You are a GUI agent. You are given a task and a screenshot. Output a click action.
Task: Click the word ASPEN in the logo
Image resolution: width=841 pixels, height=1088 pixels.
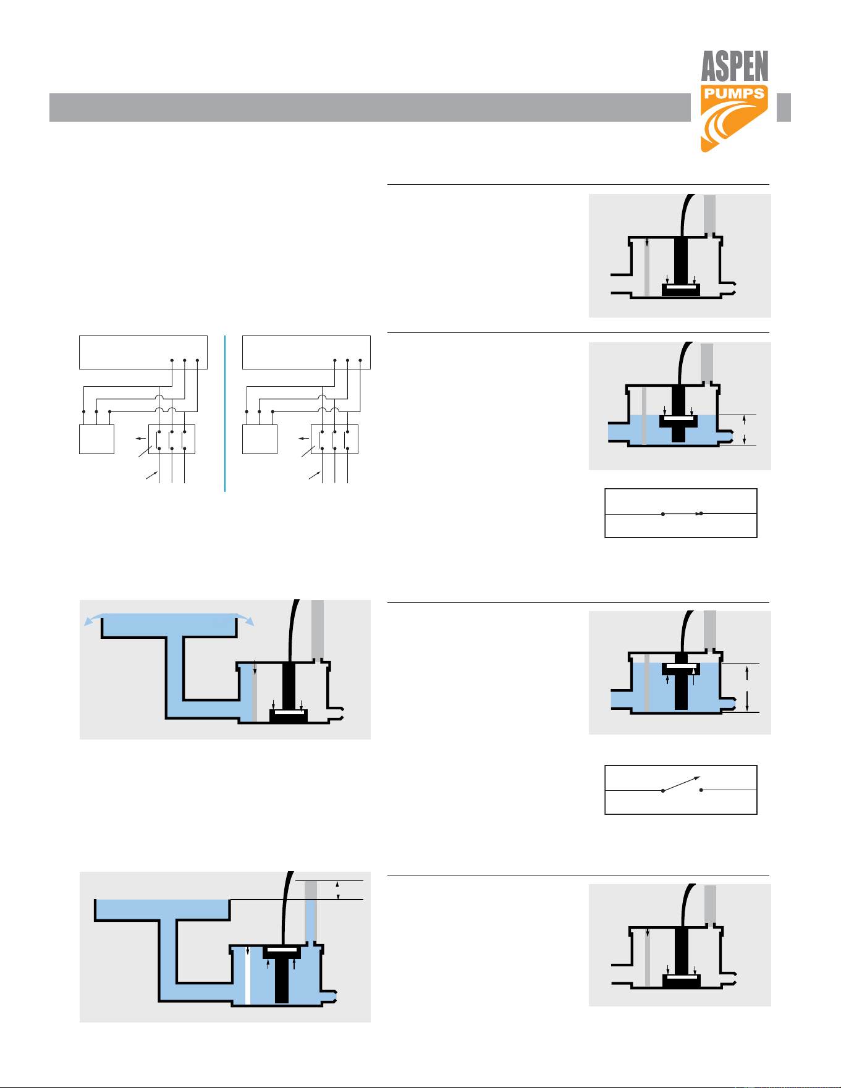pos(735,66)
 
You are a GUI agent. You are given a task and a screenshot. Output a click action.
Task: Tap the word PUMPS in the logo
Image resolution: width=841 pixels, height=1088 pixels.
pos(734,94)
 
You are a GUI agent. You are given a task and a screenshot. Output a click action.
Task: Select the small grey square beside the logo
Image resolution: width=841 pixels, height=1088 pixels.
pos(784,108)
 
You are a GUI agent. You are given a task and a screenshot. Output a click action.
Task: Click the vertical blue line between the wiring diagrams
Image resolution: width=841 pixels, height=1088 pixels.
pos(225,413)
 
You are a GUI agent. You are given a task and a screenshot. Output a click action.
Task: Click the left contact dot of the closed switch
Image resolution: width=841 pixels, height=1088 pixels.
pos(663,514)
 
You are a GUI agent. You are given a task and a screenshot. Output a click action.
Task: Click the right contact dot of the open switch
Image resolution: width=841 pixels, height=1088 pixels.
pos(701,790)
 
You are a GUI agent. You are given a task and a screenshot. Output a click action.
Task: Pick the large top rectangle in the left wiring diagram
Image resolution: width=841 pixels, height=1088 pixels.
pos(143,352)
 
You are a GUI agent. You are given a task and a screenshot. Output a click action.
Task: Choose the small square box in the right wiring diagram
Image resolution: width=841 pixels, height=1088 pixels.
pos(260,439)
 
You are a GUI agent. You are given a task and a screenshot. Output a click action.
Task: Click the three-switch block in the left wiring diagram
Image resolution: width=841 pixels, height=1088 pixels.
pos(172,439)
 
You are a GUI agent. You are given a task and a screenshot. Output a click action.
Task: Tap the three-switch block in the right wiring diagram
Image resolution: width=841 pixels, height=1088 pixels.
pos(334,439)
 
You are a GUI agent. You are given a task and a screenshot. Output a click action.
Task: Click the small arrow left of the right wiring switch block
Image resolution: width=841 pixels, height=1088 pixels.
pos(303,439)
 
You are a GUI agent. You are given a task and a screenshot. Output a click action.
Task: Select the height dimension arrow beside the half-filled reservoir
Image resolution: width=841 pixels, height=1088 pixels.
pos(745,429)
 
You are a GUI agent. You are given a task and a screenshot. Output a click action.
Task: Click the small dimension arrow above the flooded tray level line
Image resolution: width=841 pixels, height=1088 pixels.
pos(337,890)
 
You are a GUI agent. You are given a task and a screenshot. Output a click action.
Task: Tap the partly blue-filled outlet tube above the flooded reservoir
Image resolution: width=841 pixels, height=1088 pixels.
pos(311,912)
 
